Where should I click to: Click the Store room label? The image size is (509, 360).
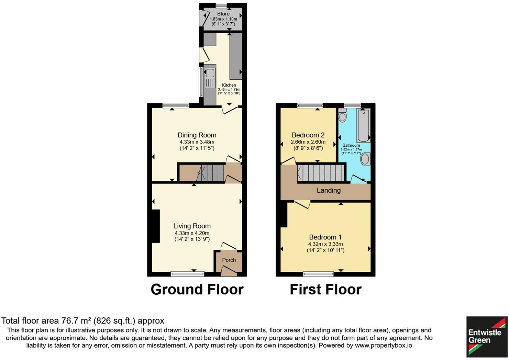tap(223, 14)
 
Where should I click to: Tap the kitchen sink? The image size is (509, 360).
tap(209, 73)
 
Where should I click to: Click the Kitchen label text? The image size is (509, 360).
tap(229, 85)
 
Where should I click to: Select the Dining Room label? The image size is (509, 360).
tap(197, 135)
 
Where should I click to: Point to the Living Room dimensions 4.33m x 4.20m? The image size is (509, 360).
tap(192, 233)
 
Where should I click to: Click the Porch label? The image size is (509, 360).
tap(229, 260)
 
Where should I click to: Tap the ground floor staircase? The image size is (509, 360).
tap(211, 173)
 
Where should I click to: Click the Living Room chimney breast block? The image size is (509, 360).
tap(156, 226)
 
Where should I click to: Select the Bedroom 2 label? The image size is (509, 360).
tap(308, 135)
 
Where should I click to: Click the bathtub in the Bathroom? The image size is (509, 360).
tap(363, 126)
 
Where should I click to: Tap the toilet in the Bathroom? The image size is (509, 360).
tap(342, 116)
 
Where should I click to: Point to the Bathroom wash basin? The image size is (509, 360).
tap(365, 159)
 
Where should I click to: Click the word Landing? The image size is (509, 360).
tap(329, 190)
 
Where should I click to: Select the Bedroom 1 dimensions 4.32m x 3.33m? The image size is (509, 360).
tap(325, 244)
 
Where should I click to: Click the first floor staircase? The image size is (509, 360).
tap(320, 173)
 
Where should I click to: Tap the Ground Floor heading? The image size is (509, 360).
tap(197, 290)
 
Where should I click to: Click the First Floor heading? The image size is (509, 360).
tap(325, 290)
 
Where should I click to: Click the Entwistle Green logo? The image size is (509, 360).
tap(487, 337)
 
